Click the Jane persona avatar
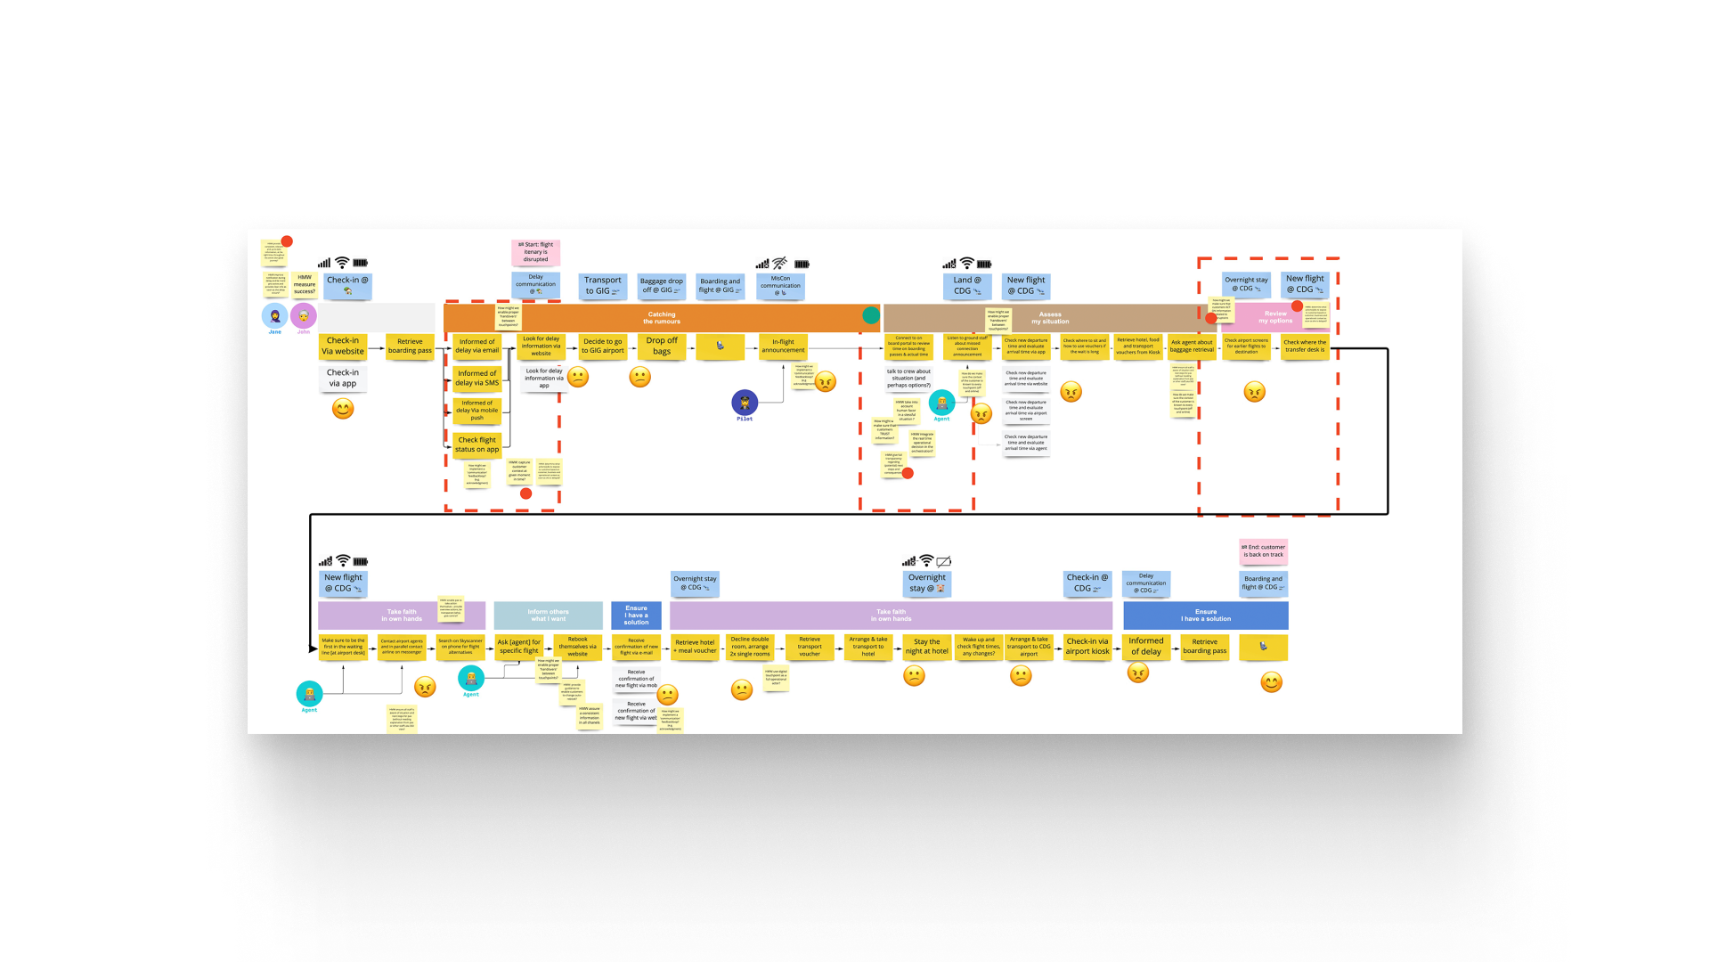click(274, 316)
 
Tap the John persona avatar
click(304, 316)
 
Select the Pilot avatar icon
click(745, 403)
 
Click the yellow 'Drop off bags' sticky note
click(662, 346)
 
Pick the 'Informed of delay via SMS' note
click(476, 379)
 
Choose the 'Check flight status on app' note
click(476, 444)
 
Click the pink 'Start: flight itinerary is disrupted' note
click(536, 252)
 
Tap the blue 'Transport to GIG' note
click(603, 285)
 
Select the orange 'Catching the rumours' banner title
click(662, 318)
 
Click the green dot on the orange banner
click(871, 315)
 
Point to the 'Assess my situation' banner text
click(1050, 318)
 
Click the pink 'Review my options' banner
click(1274, 317)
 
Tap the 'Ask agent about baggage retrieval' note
click(1192, 346)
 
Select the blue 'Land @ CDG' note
click(967, 285)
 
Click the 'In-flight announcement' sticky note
click(783, 346)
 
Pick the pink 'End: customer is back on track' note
click(1264, 551)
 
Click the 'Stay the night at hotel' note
click(927, 647)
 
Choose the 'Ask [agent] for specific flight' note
click(519, 647)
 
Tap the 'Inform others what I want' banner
click(548, 616)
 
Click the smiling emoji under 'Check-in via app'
click(343, 409)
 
